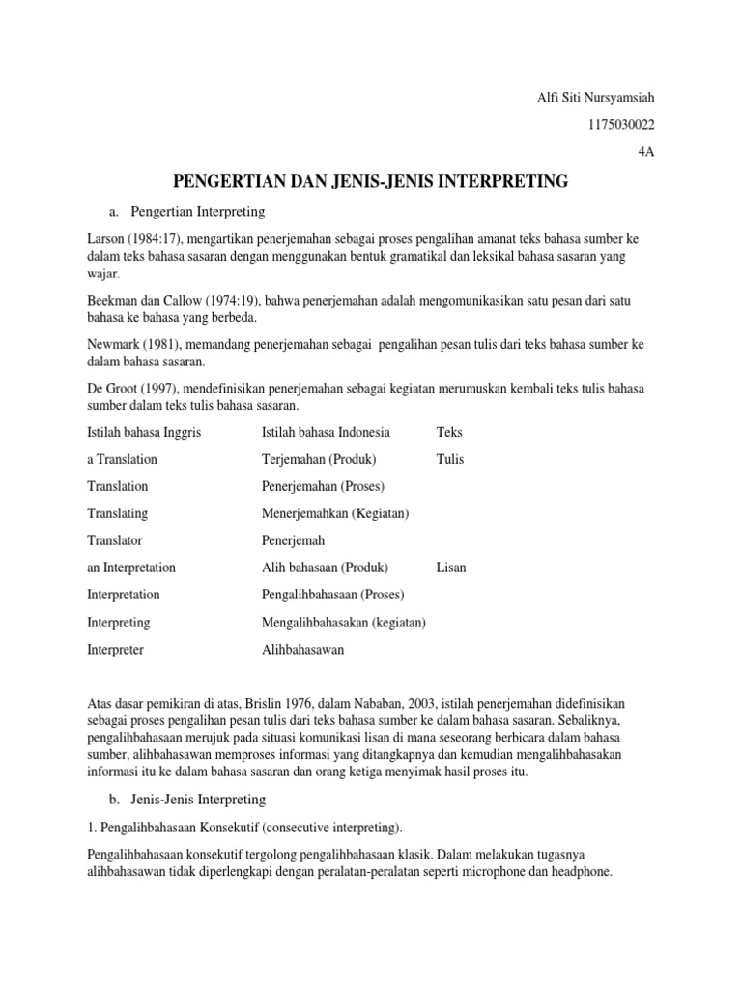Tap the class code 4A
tap(645, 152)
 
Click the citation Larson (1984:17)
tap(136, 238)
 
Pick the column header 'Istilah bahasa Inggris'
tap(144, 432)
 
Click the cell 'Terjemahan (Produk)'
tap(319, 459)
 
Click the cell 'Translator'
tap(114, 540)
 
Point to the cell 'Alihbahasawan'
tap(302, 650)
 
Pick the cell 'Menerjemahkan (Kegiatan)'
tap(335, 513)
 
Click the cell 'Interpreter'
tap(115, 650)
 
